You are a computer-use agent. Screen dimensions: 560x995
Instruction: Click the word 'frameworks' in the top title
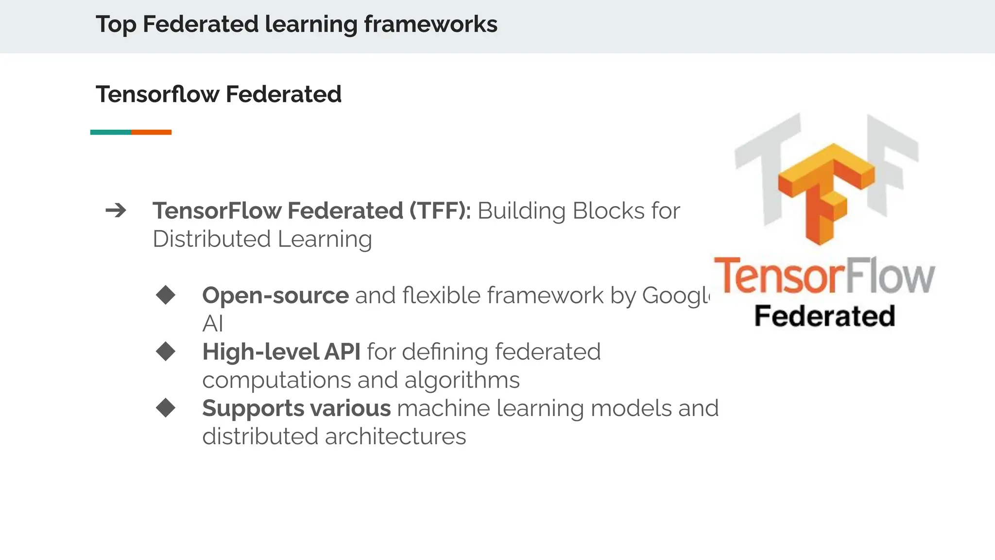pos(430,24)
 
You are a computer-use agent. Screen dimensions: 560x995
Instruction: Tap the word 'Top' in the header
pos(116,24)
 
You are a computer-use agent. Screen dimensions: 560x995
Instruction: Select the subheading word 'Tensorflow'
pos(157,94)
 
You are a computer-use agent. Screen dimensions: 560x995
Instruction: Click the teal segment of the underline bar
pos(111,132)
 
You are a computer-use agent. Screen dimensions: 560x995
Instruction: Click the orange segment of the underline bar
pos(151,132)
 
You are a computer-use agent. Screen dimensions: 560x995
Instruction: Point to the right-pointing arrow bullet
pos(116,211)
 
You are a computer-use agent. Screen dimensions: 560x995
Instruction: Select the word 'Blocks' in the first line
pos(609,211)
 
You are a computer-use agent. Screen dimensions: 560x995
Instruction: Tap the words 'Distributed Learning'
pos(262,239)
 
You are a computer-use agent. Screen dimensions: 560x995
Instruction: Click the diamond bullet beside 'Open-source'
pos(166,295)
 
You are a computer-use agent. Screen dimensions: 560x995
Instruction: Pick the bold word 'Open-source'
pos(275,296)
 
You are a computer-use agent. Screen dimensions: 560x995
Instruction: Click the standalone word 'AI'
pos(213,324)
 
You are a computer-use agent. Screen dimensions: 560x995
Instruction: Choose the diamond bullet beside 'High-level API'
pos(166,351)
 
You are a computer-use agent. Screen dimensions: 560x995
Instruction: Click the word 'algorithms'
pos(462,380)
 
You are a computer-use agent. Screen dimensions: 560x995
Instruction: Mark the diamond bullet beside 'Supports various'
pos(166,408)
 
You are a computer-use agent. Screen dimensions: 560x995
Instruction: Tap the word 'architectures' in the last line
pos(395,437)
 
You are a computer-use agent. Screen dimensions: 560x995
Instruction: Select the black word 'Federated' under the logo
pos(824,316)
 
